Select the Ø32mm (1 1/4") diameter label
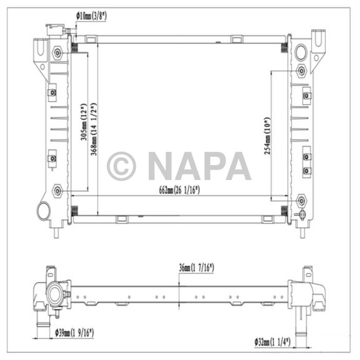tap(273, 341)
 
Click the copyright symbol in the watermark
tap(121, 166)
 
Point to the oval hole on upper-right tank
tap(301, 51)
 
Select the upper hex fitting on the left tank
tap(58, 52)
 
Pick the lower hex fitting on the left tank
tap(58, 192)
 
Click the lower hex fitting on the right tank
tap(301, 199)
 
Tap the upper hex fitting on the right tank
tap(302, 70)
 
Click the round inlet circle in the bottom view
tap(55, 295)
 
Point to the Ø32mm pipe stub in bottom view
tap(299, 321)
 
